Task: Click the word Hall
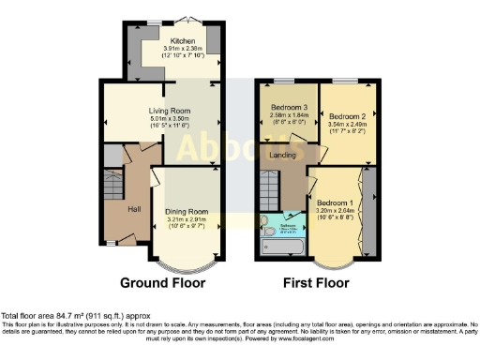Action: [x=134, y=208]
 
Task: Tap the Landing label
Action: [x=283, y=155]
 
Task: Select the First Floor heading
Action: [x=316, y=282]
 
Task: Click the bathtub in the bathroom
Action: [x=281, y=246]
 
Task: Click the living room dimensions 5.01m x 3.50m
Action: [x=170, y=120]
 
